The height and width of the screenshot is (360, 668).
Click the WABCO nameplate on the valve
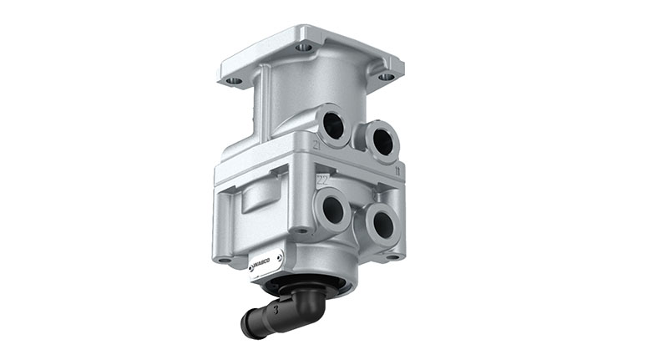[266, 261]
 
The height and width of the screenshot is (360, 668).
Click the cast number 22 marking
[323, 178]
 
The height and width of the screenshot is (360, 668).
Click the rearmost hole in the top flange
[306, 48]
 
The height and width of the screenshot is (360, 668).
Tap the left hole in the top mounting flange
[235, 81]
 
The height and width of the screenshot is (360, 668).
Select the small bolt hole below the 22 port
[298, 229]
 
